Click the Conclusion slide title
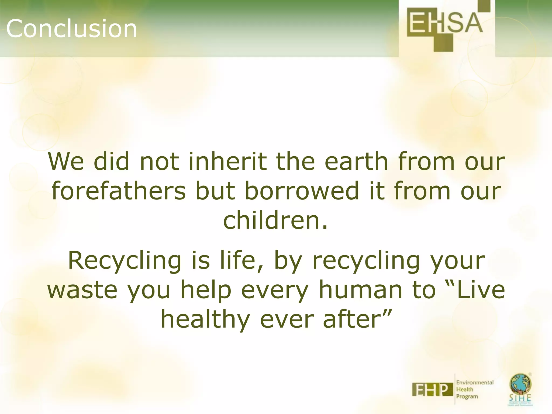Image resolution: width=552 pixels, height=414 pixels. [x=71, y=28]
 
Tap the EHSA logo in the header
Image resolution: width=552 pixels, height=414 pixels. [x=445, y=26]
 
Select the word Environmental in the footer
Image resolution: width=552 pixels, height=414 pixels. [x=475, y=382]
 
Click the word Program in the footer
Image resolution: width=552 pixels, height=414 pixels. [x=467, y=396]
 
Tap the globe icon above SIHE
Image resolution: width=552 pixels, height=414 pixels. [x=520, y=384]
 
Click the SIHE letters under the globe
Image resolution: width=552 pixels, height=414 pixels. [x=520, y=398]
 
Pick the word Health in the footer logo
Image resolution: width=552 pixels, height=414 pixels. [x=464, y=389]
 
